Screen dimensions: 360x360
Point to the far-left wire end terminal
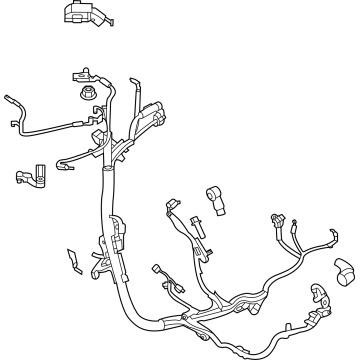10,97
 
